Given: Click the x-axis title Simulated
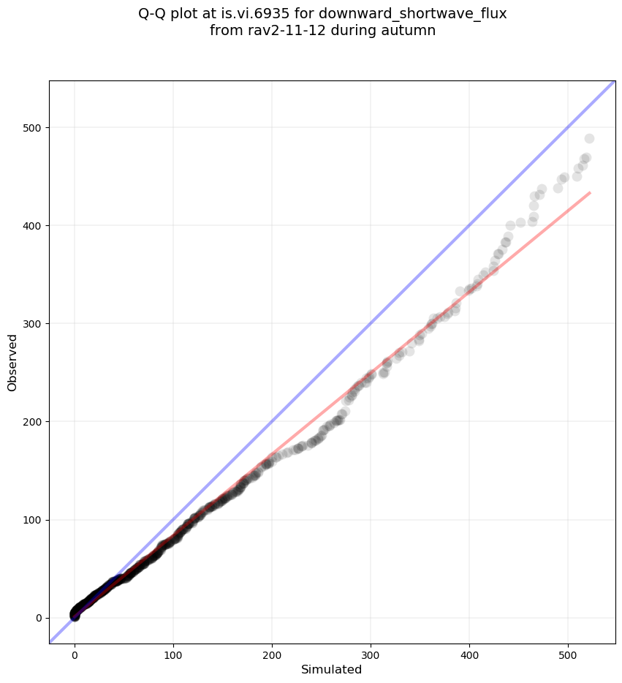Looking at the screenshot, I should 331,669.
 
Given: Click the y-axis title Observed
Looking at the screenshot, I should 12,363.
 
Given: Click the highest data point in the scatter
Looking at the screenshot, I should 589,139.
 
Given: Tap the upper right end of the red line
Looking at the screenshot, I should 589,192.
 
